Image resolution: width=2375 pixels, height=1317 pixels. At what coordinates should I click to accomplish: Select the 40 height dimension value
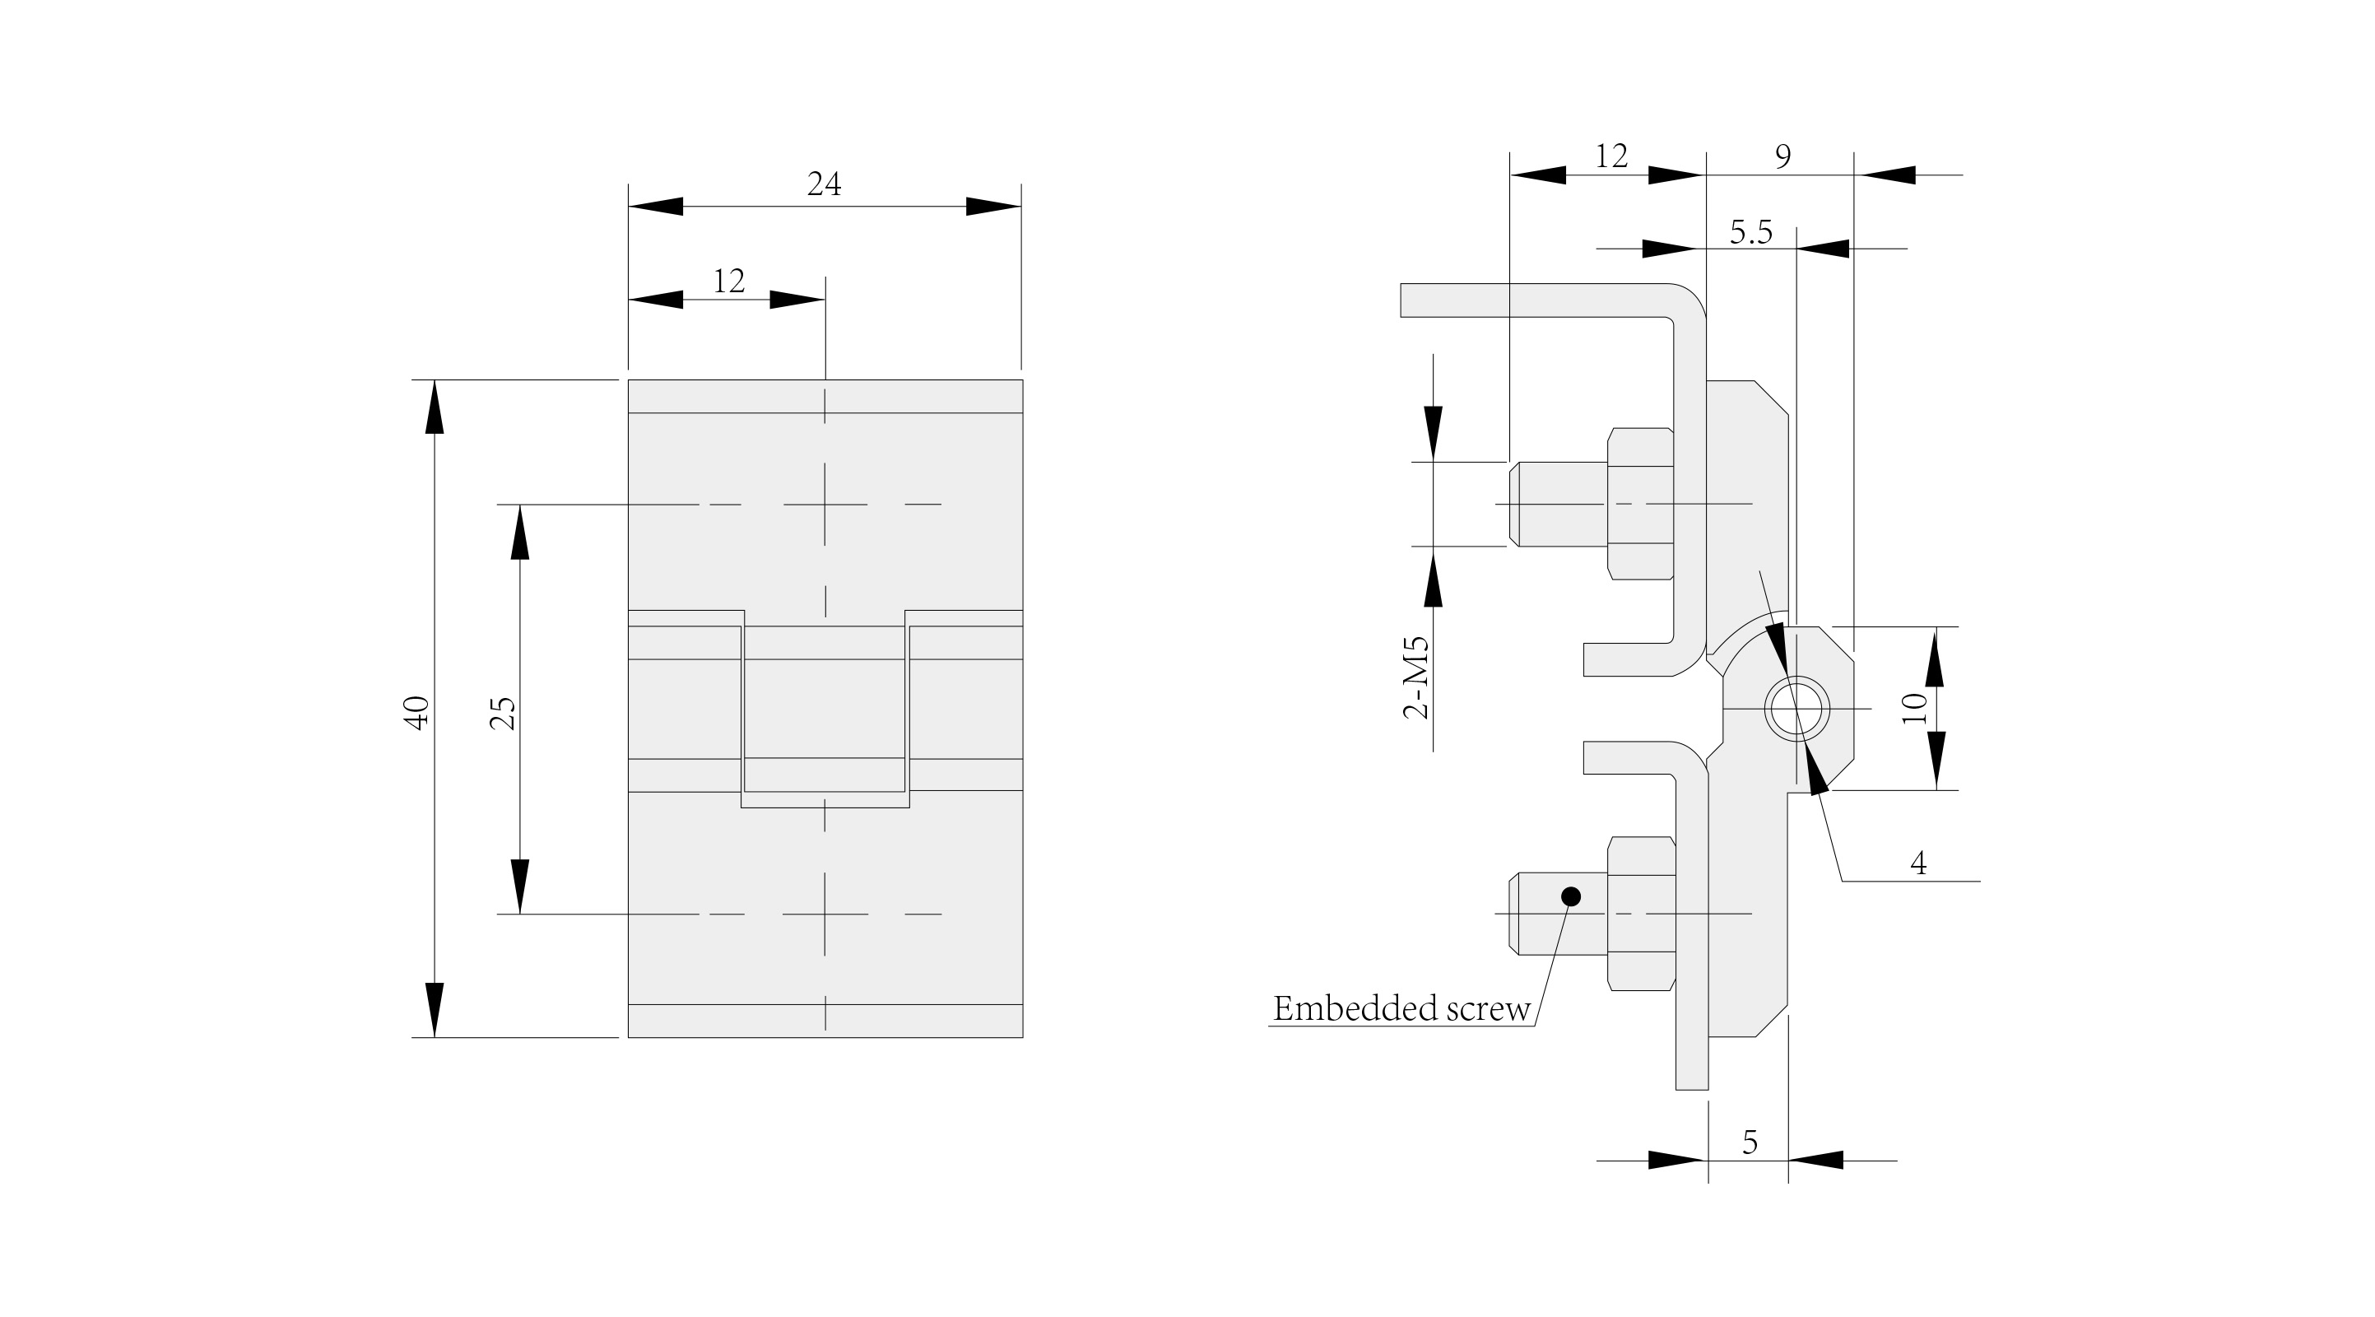tap(418, 713)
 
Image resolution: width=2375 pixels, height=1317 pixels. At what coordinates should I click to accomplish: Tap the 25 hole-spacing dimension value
tap(504, 713)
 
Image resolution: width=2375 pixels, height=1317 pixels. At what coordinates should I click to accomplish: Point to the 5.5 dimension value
tap(1750, 231)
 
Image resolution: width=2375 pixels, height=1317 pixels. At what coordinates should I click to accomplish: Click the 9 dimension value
tap(1782, 156)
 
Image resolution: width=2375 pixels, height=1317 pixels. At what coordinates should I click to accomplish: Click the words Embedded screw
tap(1401, 1009)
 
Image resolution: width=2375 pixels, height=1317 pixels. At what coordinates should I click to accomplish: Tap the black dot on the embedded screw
tap(1572, 896)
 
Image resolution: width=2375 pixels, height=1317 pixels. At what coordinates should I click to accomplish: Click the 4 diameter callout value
tap(1917, 863)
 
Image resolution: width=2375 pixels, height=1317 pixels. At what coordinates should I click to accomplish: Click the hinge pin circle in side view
tap(1795, 709)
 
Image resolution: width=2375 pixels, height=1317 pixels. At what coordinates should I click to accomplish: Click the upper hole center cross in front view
tap(825, 505)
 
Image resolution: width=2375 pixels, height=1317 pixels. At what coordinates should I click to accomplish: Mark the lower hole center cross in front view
tap(825, 914)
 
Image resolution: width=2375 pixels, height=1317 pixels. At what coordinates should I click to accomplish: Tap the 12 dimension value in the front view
tap(728, 281)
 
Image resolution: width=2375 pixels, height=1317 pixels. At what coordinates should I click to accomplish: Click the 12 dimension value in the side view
tap(1610, 156)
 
